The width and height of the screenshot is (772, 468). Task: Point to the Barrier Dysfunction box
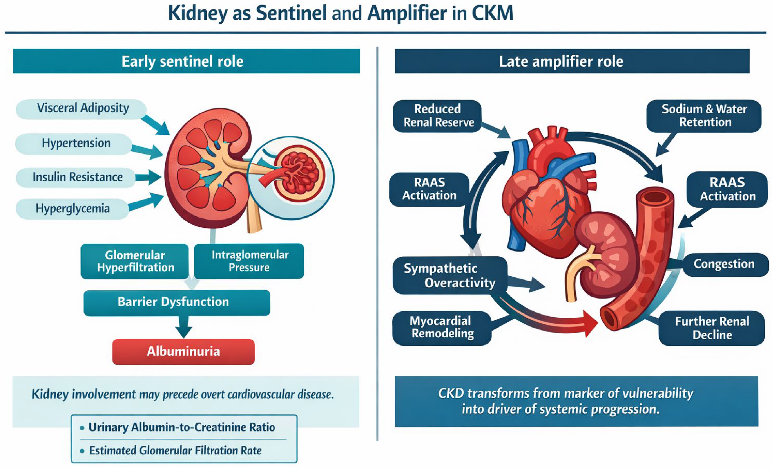pos(176,302)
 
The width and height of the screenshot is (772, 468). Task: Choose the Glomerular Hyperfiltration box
pos(135,261)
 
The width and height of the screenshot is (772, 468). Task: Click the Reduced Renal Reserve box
pos(438,116)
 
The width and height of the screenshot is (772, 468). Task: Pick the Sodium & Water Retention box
pos(704,116)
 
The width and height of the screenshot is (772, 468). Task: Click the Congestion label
pos(724,264)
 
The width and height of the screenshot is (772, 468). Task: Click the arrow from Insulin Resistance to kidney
pos(148,178)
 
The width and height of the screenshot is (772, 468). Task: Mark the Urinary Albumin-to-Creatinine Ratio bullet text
pos(182,427)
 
